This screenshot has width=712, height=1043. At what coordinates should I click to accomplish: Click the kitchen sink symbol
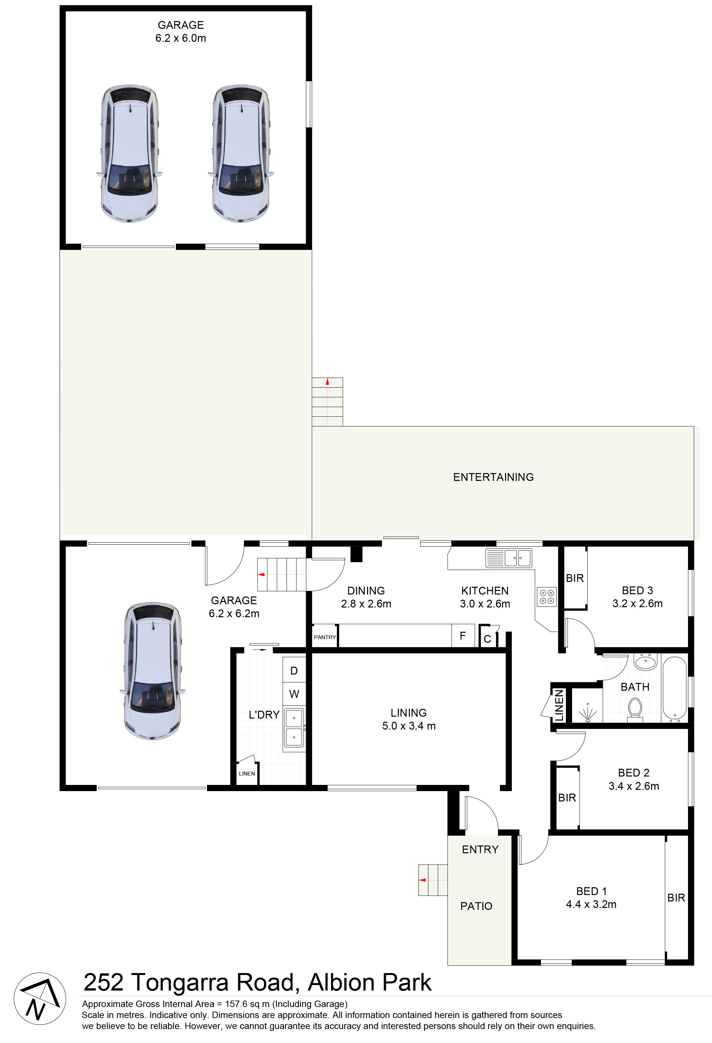click(509, 558)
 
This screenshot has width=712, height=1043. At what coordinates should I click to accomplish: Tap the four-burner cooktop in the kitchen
click(546, 596)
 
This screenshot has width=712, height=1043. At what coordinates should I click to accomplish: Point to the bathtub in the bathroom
click(675, 690)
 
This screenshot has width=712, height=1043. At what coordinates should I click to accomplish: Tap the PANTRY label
click(325, 637)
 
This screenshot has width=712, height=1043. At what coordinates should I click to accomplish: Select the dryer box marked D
click(294, 671)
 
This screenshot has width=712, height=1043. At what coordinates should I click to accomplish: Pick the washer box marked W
click(294, 694)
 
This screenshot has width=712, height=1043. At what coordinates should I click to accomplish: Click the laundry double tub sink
click(294, 728)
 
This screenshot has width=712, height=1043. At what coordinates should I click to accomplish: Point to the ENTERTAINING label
click(493, 477)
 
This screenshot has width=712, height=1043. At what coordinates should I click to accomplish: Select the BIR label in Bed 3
click(575, 579)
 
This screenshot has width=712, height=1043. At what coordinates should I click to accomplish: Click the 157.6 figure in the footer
click(240, 1004)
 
